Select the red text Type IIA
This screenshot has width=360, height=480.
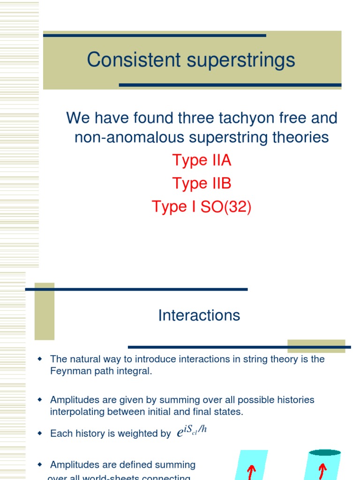click(202, 160)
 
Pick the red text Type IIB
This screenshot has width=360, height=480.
click(202, 183)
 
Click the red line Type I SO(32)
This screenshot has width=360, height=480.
click(202, 206)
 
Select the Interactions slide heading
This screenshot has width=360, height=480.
click(199, 315)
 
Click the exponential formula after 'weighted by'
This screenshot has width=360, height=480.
click(192, 432)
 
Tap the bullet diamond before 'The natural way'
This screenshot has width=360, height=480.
click(40, 359)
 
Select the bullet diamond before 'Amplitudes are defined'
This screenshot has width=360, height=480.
click(40, 465)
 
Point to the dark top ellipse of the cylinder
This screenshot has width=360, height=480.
click(324, 453)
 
